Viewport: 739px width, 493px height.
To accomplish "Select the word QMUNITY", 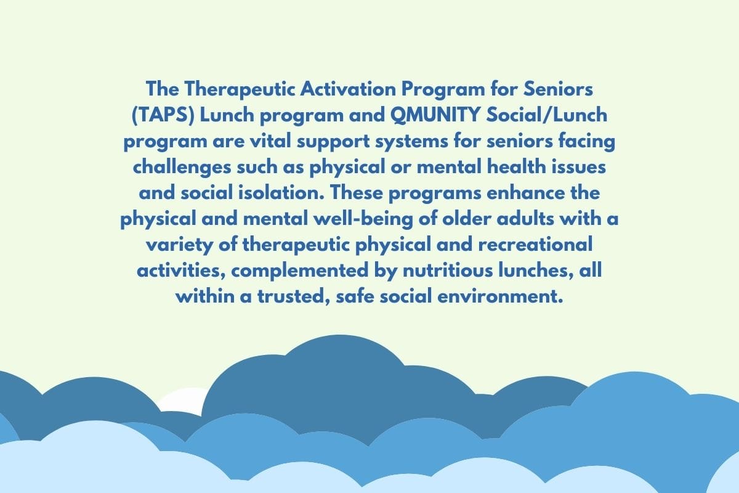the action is coord(435,115).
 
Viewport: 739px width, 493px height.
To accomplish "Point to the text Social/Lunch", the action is coord(547,115).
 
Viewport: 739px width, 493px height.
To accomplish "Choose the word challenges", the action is coord(182,167).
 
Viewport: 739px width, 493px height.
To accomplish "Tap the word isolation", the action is coord(281,192).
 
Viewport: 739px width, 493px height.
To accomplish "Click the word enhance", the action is coord(525,192).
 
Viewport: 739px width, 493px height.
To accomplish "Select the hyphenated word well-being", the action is coord(363,219).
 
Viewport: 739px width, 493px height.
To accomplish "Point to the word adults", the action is coord(525,219).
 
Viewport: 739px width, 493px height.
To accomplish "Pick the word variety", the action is coord(179,245).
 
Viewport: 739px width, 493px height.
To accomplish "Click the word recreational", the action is coord(535,245).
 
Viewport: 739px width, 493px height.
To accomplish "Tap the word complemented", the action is coord(299,271).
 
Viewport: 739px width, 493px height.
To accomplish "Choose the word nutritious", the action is coord(448,271).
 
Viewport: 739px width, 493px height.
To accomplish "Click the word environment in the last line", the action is coord(500,296).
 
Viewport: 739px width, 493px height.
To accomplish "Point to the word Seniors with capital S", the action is coord(558,89).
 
